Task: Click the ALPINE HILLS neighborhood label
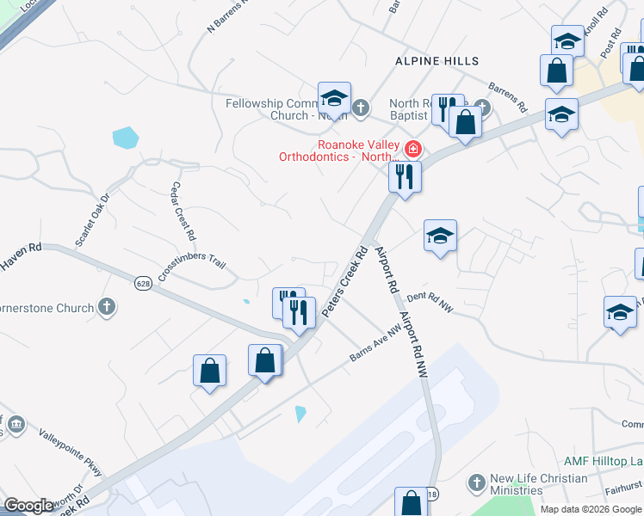437,61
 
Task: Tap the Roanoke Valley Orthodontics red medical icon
413,150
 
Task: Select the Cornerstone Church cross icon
107,307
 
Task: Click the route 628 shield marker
143,282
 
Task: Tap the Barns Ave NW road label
375,342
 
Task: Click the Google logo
28,506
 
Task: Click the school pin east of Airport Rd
440,236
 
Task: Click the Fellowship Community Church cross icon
360,108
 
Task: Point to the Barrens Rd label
507,97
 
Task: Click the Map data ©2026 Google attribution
590,509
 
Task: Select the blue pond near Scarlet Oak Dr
125,137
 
